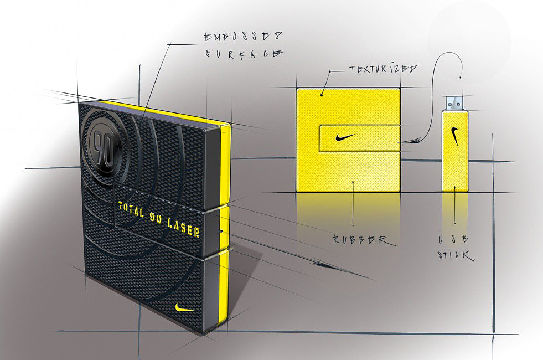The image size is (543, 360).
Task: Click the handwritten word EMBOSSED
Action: pyautogui.click(x=244, y=37)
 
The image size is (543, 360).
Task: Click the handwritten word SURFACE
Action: pyautogui.click(x=244, y=54)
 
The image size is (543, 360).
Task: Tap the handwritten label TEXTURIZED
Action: pyautogui.click(x=382, y=69)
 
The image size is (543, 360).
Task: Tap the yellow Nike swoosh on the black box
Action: pyautogui.click(x=183, y=307)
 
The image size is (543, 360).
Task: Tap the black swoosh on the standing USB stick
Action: pyautogui.click(x=455, y=136)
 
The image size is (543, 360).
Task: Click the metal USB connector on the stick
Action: pyautogui.click(x=455, y=102)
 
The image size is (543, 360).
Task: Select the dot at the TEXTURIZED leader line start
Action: pyautogui.click(x=330, y=71)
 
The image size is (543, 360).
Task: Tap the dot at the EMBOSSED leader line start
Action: pyautogui.click(x=169, y=43)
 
